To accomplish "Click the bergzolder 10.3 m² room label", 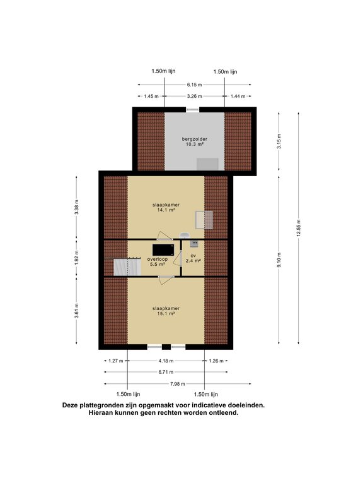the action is pyautogui.click(x=195, y=141).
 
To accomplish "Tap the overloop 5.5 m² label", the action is pyautogui.click(x=158, y=261).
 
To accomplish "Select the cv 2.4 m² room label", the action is pyautogui.click(x=193, y=258).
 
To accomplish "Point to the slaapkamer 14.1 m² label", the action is pyautogui.click(x=166, y=207).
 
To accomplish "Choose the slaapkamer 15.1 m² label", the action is pyautogui.click(x=166, y=311).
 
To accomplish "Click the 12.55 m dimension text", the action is pyautogui.click(x=299, y=228).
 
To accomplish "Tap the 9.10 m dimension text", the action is pyautogui.click(x=279, y=260).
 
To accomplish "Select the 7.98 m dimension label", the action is pyautogui.click(x=178, y=384).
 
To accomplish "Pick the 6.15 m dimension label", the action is pyautogui.click(x=195, y=85).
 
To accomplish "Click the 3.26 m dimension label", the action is pyautogui.click(x=195, y=96).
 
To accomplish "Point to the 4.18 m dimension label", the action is pyautogui.click(x=166, y=361).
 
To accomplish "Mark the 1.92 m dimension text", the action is pyautogui.click(x=76, y=258).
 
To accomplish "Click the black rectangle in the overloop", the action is pyautogui.click(x=163, y=249).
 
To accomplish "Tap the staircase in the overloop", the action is pyautogui.click(x=127, y=267).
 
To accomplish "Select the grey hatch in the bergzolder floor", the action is pyautogui.click(x=207, y=164).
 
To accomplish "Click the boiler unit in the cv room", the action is pyautogui.click(x=194, y=244).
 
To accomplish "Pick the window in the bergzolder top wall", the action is pyautogui.click(x=193, y=109).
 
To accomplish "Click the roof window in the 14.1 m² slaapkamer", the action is pyautogui.click(x=204, y=220).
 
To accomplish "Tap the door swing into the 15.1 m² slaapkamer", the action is pyautogui.click(x=166, y=280).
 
